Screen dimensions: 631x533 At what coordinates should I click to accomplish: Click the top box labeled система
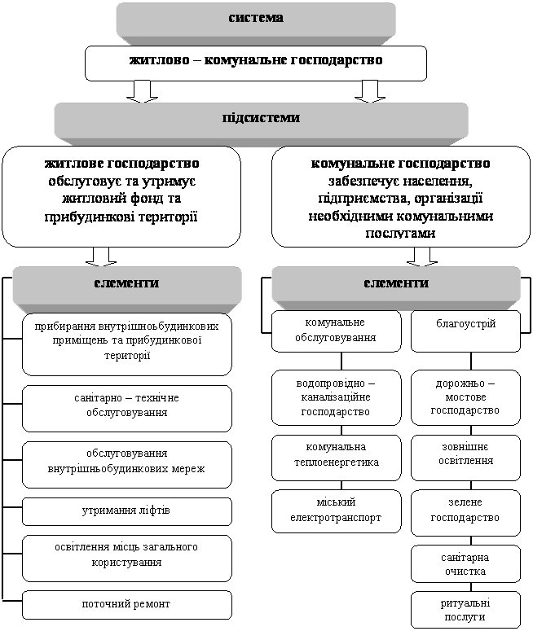[255, 18]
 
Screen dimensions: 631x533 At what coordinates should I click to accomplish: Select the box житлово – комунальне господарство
[255, 61]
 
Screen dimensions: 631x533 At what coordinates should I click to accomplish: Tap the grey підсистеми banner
[261, 119]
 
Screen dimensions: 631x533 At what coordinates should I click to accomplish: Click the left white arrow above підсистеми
[143, 90]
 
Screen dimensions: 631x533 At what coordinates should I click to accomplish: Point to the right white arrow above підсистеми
[371, 90]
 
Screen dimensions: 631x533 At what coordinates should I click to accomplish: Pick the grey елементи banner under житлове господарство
[126, 284]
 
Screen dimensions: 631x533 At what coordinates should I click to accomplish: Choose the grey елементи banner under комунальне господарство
[396, 284]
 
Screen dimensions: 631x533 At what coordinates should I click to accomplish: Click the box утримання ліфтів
[126, 511]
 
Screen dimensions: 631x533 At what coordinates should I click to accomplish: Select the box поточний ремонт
[126, 604]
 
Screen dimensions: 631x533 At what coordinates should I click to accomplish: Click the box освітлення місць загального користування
[126, 554]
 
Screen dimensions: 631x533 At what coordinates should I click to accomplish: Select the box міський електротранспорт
[336, 510]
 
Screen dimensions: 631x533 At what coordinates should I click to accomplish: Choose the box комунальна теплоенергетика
[336, 456]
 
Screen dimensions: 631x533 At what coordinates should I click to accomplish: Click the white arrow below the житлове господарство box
[101, 256]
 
